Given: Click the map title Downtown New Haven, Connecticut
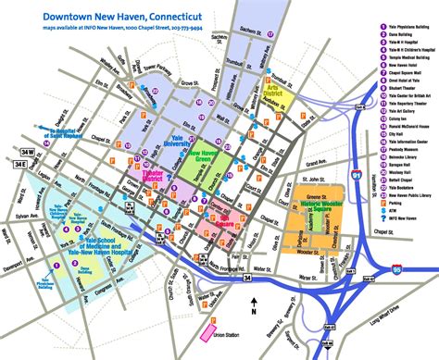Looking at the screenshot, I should click(111, 17).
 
